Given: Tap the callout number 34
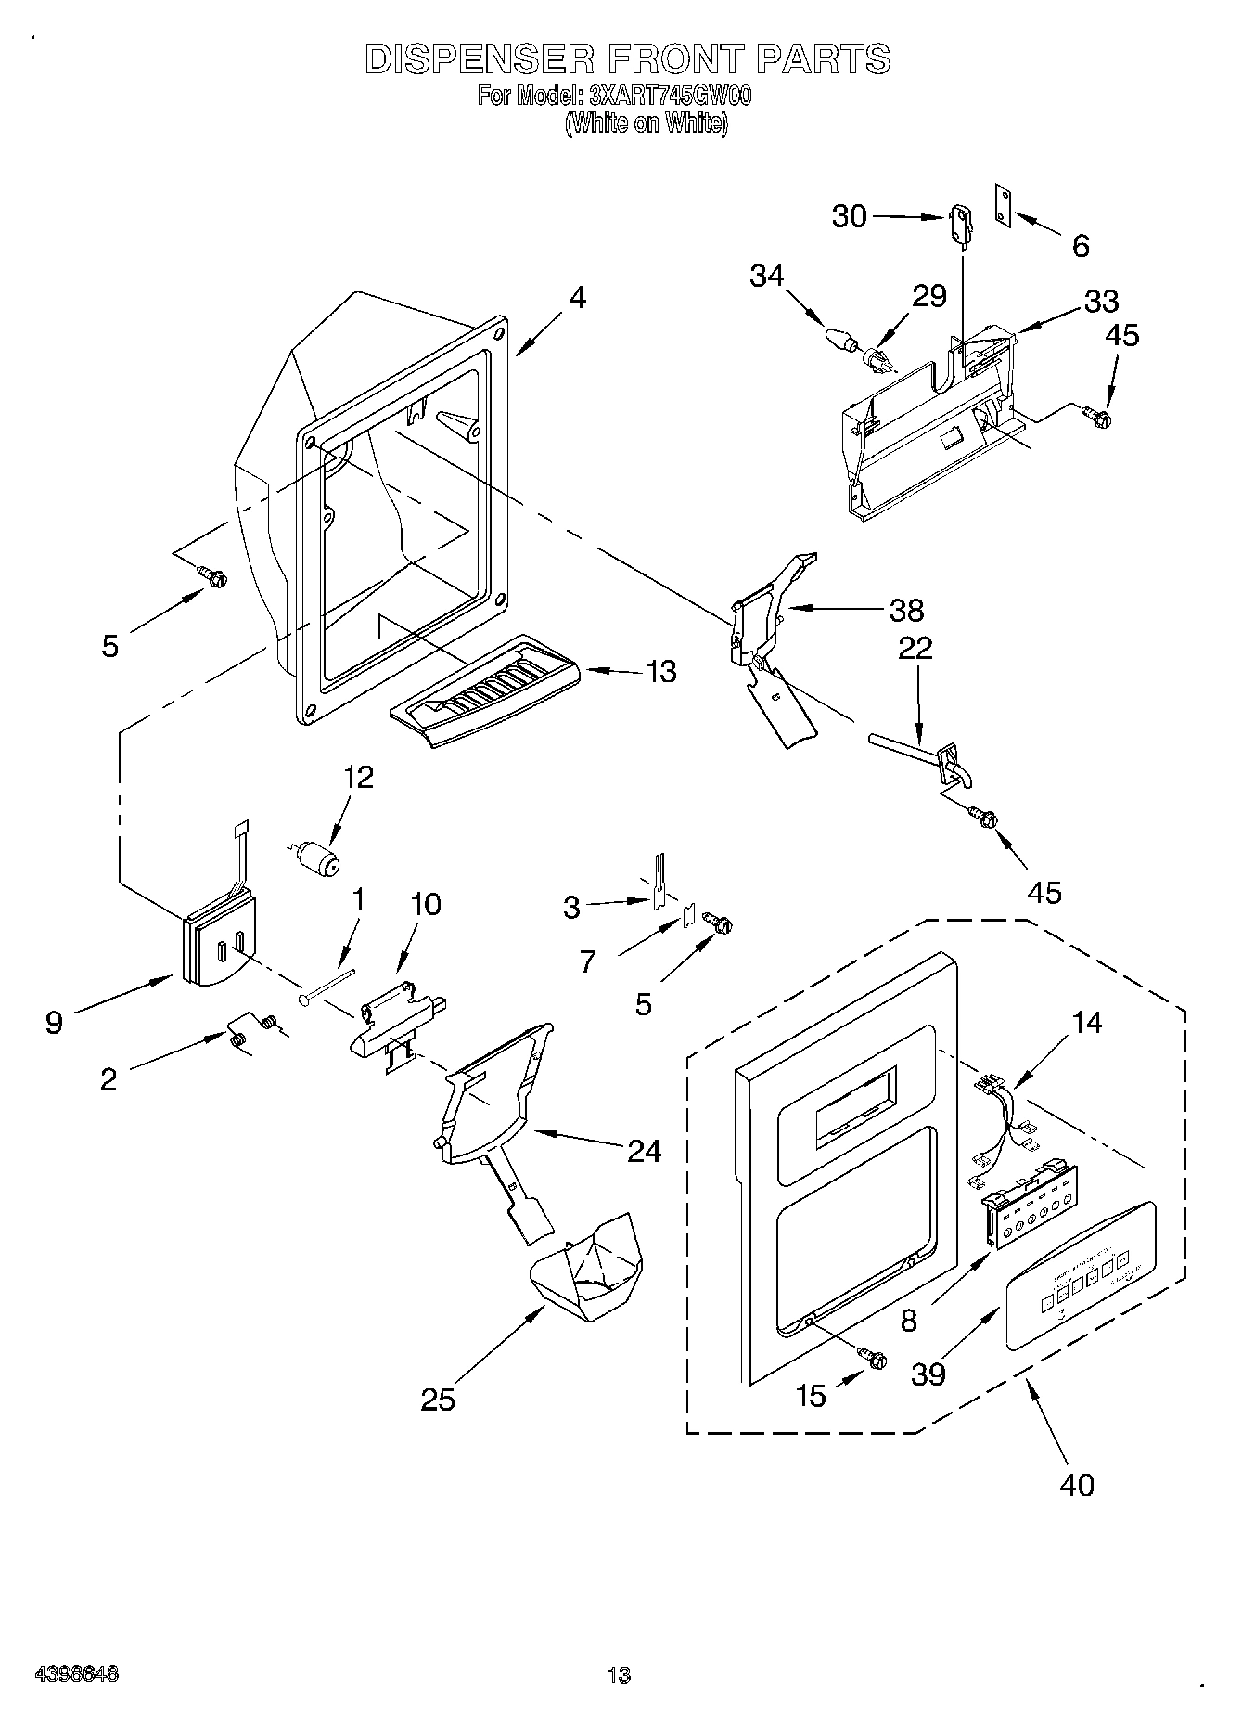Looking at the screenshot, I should point(767,276).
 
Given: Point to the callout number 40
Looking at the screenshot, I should point(1076,1484).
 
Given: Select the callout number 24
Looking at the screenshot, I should point(644,1151).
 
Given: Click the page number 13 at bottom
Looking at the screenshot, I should point(620,1676).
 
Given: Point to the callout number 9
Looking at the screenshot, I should point(55,1024).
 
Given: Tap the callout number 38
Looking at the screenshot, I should point(905,610).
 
